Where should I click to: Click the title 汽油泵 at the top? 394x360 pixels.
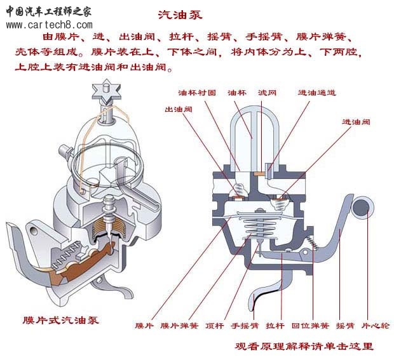180,15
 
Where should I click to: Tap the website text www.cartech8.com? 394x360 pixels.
50,25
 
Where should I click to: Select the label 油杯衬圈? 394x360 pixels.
197,93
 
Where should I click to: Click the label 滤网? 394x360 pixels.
267,93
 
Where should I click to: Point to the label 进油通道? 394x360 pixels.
317,93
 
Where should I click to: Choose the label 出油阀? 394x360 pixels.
179,109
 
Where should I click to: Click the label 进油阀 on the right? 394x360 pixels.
356,122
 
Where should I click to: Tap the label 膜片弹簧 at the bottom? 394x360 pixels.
180,326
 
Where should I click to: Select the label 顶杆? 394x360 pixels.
214,326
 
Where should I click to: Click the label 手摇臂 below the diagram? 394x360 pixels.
245,326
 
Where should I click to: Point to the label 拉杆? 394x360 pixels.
275,326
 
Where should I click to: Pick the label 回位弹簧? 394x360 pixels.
310,326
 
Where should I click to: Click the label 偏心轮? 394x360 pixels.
376,326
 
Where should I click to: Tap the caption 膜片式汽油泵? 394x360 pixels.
61,320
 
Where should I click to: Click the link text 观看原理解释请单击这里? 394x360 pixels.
304,346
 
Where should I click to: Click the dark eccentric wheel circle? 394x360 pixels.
361,208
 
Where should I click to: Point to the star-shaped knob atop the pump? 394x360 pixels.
106,91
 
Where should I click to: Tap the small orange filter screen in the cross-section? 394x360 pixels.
259,173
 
